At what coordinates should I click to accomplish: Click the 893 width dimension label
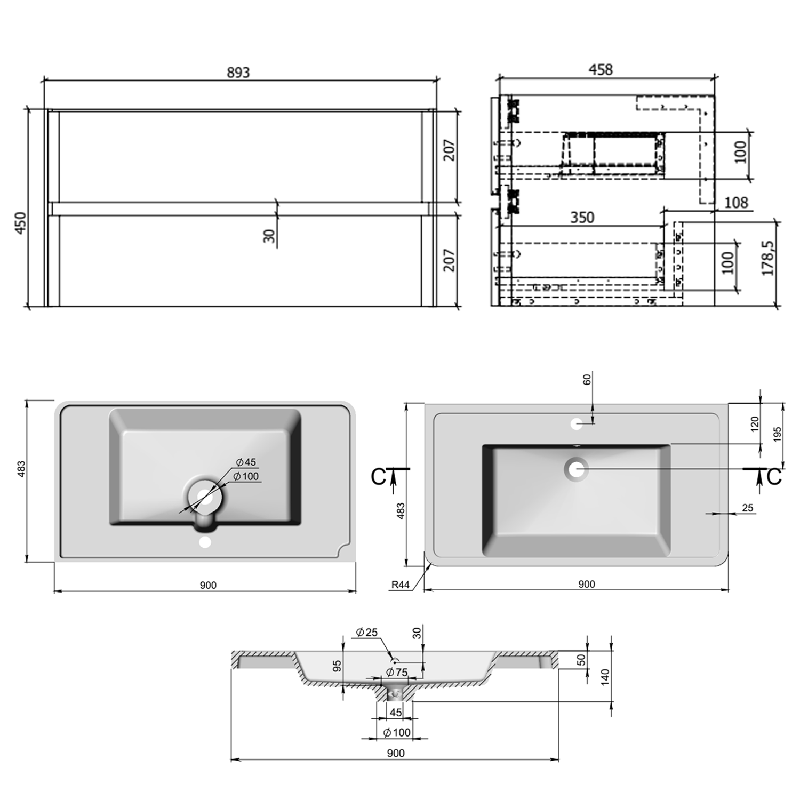(x=238, y=72)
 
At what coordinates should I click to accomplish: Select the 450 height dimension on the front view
(x=20, y=223)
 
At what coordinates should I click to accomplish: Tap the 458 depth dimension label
(x=601, y=69)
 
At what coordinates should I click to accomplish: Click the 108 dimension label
(x=736, y=203)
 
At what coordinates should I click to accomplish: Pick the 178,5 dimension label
(x=767, y=258)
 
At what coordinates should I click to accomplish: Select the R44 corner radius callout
(x=401, y=585)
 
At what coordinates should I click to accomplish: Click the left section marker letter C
(x=378, y=477)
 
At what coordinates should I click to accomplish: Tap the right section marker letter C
(x=774, y=477)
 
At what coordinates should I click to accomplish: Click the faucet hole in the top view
(x=576, y=425)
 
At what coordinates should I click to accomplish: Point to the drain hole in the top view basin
(x=576, y=469)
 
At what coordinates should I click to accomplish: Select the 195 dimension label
(x=777, y=433)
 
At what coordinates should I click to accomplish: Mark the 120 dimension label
(x=755, y=425)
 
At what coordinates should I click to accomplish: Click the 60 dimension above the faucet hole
(x=587, y=380)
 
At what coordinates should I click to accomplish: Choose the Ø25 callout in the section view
(x=367, y=632)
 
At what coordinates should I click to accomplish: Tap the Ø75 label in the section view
(x=397, y=672)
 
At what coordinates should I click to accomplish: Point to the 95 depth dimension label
(x=337, y=666)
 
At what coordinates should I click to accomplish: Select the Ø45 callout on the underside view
(x=245, y=462)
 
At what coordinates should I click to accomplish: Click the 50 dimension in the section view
(x=582, y=660)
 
